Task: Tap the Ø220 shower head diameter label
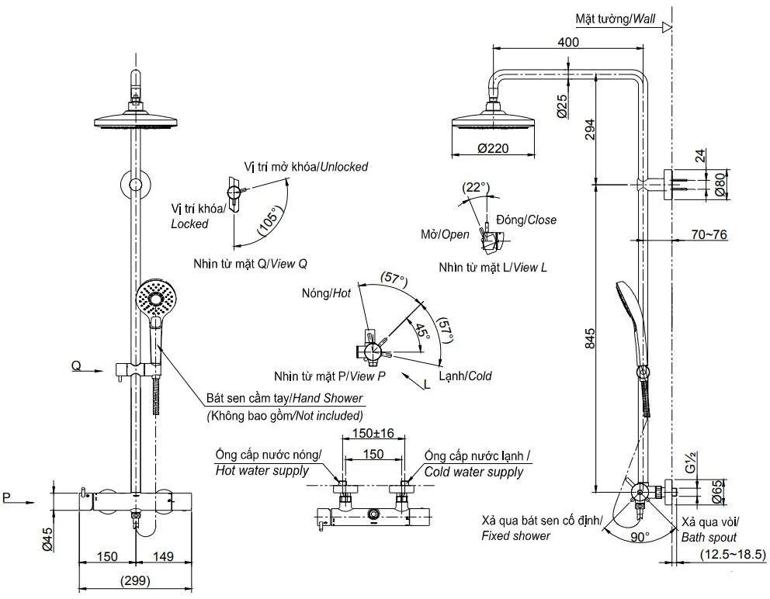click(x=493, y=151)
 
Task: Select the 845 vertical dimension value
click(x=590, y=338)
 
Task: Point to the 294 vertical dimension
click(x=590, y=129)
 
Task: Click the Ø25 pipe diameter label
click(x=561, y=105)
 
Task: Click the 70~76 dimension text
click(x=708, y=234)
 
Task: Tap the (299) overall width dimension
click(x=135, y=580)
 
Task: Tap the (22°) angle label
click(x=475, y=187)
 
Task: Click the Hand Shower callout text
click(x=284, y=398)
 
